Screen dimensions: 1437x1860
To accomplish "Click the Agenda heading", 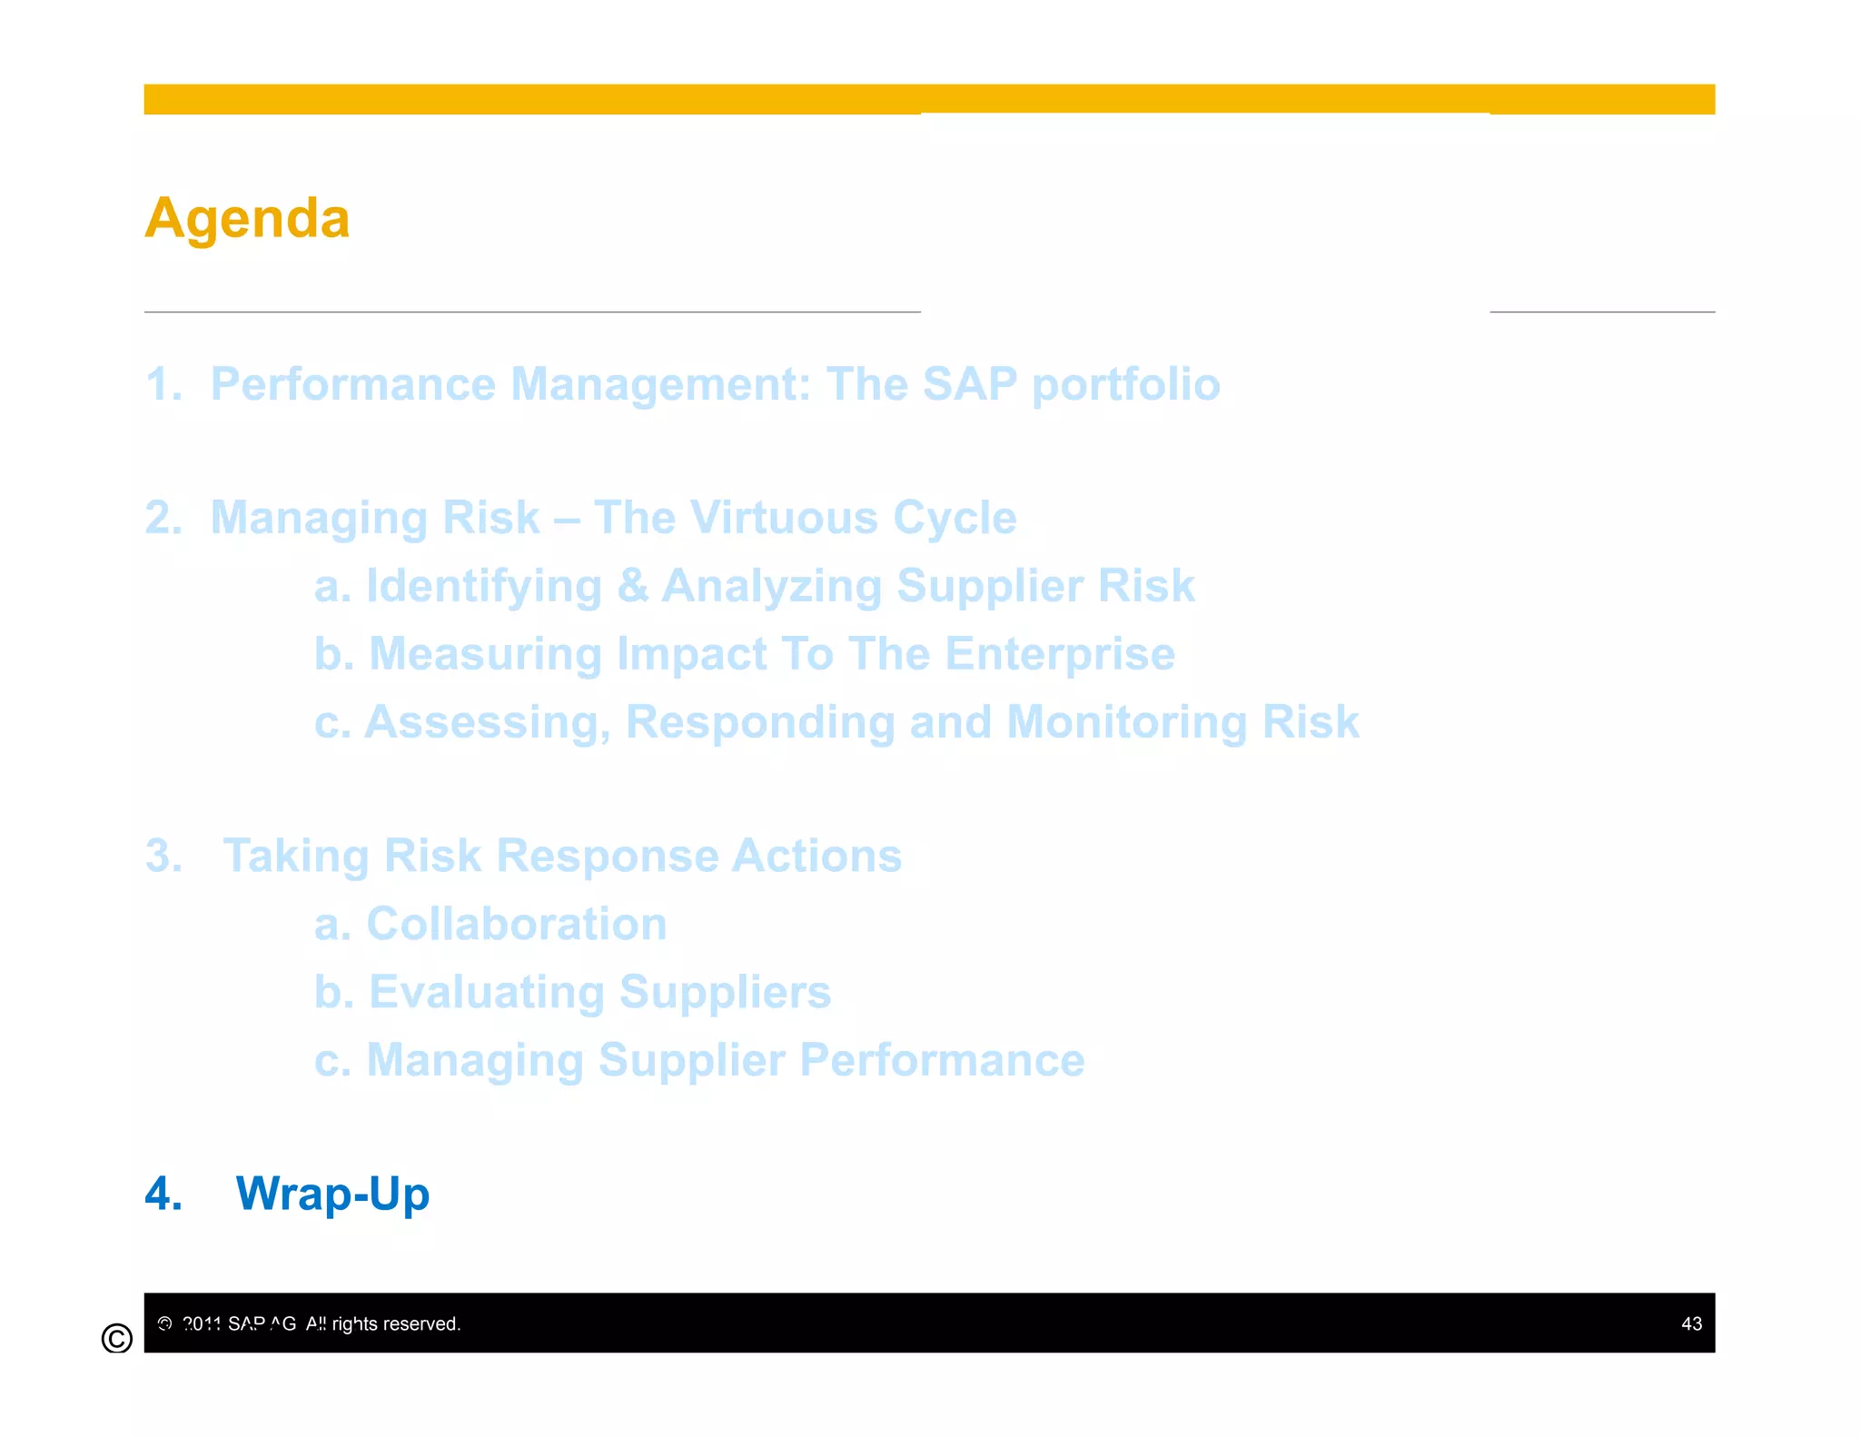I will coord(247,219).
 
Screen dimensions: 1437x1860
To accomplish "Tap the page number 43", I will coord(1690,1323).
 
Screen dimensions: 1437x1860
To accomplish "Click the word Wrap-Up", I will coord(332,1194).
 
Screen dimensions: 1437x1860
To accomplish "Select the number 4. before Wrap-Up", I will coord(163,1194).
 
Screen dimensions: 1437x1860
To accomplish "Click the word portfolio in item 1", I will coord(1125,385).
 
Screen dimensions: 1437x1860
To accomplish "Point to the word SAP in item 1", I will coord(969,383).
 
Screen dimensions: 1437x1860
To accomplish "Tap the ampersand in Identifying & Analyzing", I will coord(632,586).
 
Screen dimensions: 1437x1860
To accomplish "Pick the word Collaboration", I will coord(516,924).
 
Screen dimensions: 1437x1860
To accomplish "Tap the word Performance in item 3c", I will coord(942,1060).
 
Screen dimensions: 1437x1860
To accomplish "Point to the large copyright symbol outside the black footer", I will coord(117,1338).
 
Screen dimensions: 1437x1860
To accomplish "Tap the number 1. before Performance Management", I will coord(163,383).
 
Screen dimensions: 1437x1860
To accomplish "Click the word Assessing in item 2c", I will coord(487,722).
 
